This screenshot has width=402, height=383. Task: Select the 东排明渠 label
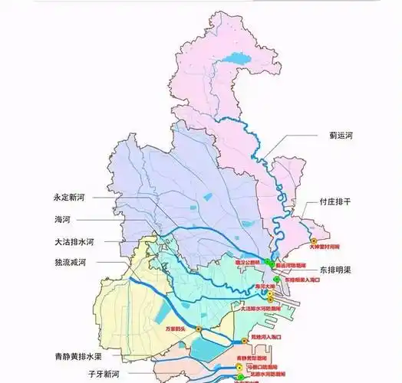tap(338, 270)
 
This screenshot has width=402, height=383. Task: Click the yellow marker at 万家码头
tap(199, 329)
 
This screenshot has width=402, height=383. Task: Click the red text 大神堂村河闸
tap(324, 248)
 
